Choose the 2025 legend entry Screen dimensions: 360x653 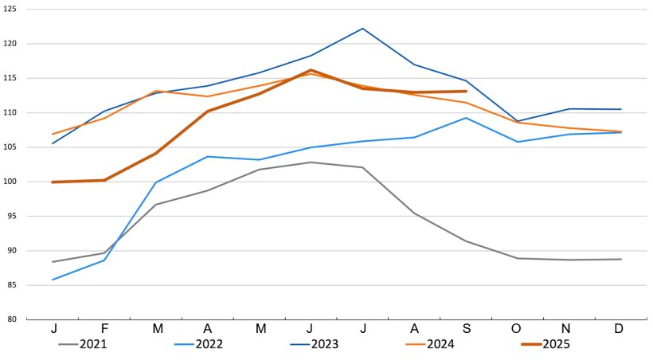(x=555, y=345)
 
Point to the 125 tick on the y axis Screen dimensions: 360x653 (x=10, y=10)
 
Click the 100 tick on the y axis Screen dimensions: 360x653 (x=10, y=182)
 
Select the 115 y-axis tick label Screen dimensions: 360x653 (x=10, y=78)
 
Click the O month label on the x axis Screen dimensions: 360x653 (x=518, y=329)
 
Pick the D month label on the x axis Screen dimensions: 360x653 (x=621, y=329)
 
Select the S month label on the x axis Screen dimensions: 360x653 (x=466, y=329)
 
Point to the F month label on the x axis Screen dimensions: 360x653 (x=104, y=329)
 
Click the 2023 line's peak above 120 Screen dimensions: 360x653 (x=362, y=29)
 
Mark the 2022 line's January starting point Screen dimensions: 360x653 (x=53, y=280)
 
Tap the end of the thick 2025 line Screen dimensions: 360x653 (x=466, y=92)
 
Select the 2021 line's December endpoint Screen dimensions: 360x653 (x=621, y=259)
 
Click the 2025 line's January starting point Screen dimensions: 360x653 (x=53, y=182)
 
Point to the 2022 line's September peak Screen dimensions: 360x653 (x=466, y=118)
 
